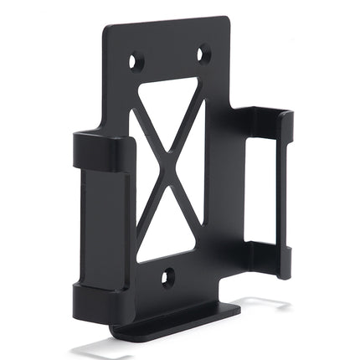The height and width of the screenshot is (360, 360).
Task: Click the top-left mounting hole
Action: tap(136, 61)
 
